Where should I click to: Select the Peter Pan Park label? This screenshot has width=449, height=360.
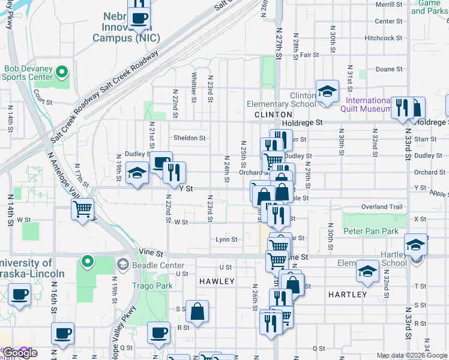click(x=370, y=231)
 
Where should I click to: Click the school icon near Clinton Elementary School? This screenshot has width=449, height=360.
click(x=327, y=92)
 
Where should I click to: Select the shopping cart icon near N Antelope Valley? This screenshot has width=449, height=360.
click(x=82, y=209)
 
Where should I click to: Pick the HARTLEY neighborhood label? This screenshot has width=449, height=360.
click(x=348, y=295)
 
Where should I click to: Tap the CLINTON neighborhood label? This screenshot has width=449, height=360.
click(x=273, y=114)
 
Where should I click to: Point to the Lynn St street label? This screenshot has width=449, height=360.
click(x=226, y=239)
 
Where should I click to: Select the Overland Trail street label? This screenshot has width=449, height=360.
click(x=382, y=207)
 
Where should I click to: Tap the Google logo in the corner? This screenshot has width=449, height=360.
click(x=20, y=353)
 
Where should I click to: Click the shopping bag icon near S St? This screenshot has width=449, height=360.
click(x=197, y=311)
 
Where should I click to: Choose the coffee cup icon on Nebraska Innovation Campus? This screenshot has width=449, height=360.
click(x=139, y=18)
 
